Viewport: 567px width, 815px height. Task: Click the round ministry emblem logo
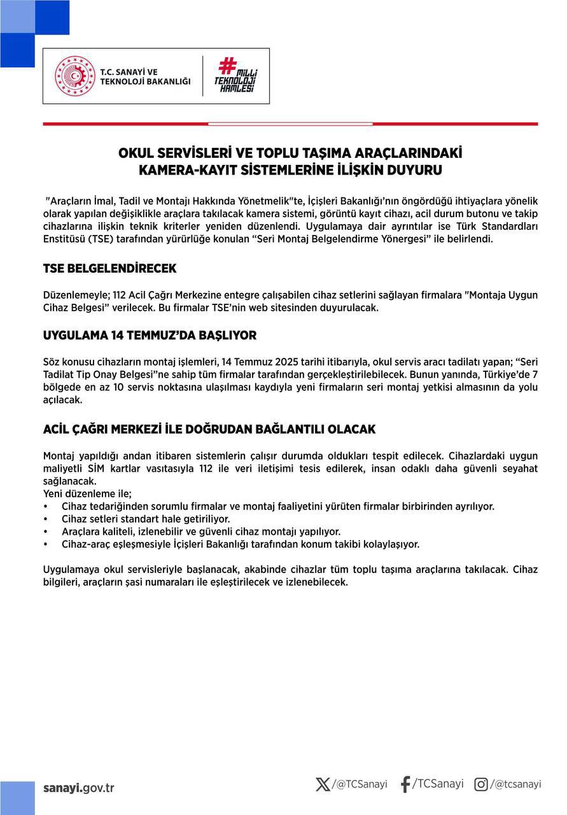click(76, 76)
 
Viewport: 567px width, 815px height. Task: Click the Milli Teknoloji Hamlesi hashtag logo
click(236, 75)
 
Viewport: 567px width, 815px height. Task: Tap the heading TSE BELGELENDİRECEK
click(109, 269)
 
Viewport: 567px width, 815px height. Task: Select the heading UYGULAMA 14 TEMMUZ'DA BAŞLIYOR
click(150, 336)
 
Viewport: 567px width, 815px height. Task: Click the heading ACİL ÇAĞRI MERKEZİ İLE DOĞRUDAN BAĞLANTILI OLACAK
click(209, 429)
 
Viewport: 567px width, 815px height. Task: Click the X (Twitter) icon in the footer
click(323, 784)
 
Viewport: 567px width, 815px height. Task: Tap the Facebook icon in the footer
click(405, 784)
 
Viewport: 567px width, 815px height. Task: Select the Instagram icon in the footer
click(482, 784)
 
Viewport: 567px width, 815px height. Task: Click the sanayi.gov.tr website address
click(79, 788)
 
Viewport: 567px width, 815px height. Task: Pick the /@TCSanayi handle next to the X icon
click(360, 784)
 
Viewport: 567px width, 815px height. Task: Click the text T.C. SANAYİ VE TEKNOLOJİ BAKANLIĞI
click(145, 76)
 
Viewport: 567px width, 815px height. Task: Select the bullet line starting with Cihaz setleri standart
click(137, 519)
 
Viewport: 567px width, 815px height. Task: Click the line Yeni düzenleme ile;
click(87, 493)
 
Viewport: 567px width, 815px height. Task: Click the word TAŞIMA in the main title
click(335, 153)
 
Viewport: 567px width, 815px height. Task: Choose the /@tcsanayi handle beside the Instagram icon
click(515, 784)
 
